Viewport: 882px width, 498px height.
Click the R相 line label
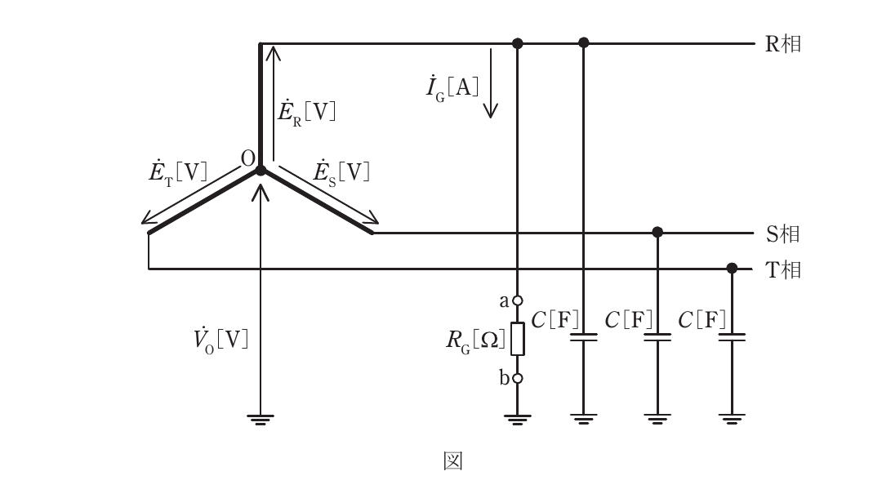(782, 44)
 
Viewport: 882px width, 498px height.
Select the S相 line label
(782, 233)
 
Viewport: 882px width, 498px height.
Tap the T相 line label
(782, 269)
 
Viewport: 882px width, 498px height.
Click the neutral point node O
(261, 170)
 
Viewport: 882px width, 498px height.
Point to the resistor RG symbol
(518, 339)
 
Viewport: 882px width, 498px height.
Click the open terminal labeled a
(518, 300)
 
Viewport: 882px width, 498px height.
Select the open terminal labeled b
(518, 378)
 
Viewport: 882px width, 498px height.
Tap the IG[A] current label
(452, 88)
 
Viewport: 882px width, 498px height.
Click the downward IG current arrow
(491, 83)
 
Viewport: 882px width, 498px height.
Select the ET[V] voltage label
(178, 171)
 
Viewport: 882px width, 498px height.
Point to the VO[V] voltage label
(220, 340)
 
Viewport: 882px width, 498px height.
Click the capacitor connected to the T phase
(732, 337)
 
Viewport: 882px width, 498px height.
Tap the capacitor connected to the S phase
(657, 337)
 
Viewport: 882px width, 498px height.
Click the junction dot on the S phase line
(657, 232)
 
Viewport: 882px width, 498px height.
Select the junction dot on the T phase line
(732, 268)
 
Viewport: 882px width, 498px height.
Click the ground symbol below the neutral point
(261, 420)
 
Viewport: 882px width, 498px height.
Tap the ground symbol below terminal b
(518, 420)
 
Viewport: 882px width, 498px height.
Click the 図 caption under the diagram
(452, 461)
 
